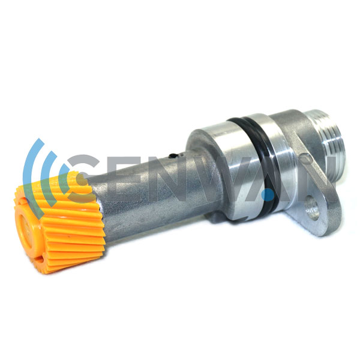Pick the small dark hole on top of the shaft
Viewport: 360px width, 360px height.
point(172,156)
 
